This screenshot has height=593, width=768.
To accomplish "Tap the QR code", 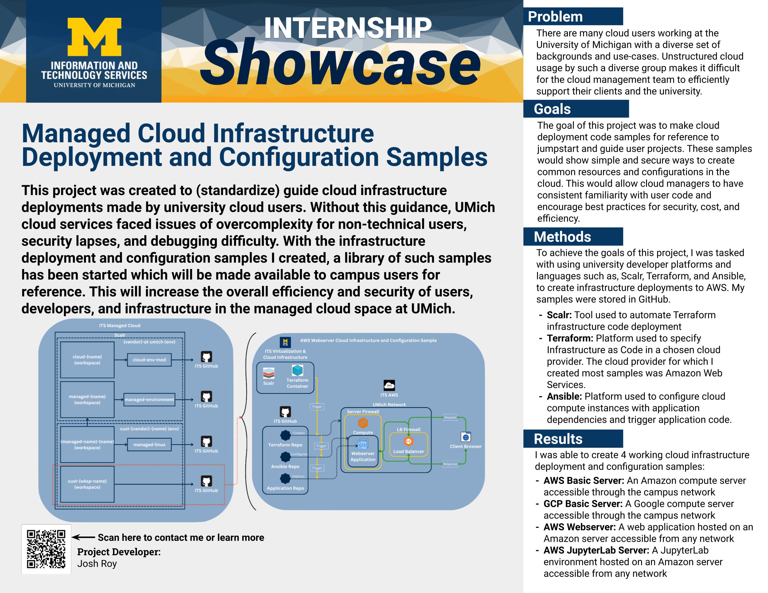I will tap(46, 549).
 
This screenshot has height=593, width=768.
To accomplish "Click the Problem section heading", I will tap(555, 17).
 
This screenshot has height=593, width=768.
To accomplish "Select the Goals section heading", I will tap(552, 109).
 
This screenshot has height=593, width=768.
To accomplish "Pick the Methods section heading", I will tap(562, 236).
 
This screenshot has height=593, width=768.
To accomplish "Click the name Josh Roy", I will tap(97, 564).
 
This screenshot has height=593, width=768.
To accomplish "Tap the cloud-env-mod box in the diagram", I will tap(149, 360).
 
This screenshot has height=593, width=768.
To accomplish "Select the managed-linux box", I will tap(149, 445).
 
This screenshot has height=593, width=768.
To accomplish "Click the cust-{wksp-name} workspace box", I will tap(87, 484).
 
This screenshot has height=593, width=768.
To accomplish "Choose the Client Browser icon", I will tap(466, 437).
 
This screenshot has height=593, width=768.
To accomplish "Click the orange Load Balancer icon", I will tap(408, 441).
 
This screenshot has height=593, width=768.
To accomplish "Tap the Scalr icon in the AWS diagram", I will tap(269, 373).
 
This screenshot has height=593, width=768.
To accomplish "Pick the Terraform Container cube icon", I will tap(297, 370).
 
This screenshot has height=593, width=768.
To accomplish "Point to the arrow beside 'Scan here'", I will tap(83, 537).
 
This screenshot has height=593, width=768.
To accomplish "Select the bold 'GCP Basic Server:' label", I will tap(583, 504).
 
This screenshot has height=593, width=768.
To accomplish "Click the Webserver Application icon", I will tap(362, 445).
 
